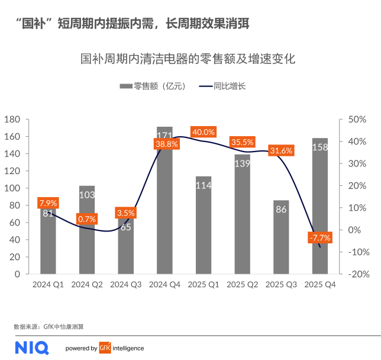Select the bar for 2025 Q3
pos(281,237)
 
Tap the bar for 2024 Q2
pos(87,231)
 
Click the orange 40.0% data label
pos(203,131)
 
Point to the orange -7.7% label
pos(319,237)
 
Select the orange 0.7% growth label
pos(87,218)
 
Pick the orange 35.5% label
pos(242,142)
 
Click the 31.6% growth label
pos(280,150)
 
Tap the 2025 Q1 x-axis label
pos(203,284)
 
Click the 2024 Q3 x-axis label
pos(125,284)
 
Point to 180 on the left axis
pos(12,120)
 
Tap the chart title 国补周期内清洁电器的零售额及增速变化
pos(188,59)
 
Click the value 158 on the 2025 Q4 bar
pos(319,147)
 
